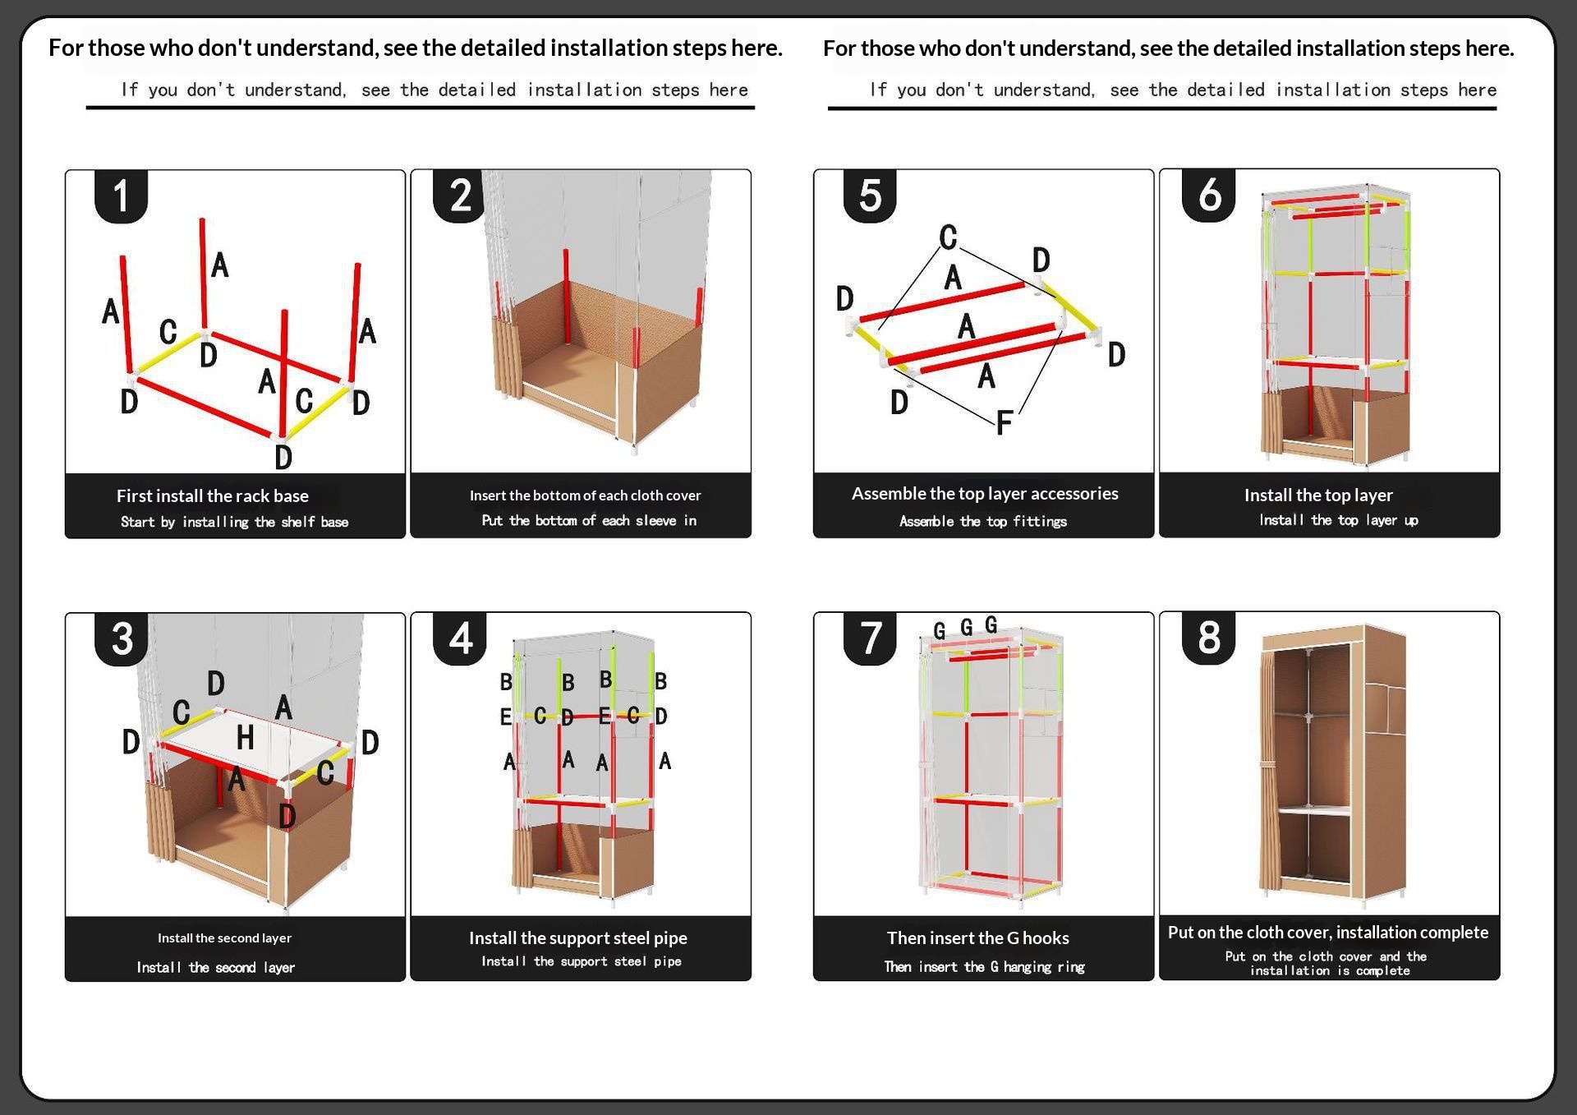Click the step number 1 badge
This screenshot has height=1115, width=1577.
pyautogui.click(x=122, y=196)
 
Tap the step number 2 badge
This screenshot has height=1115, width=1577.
pyautogui.click(x=461, y=196)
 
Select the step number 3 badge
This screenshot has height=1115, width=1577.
pyautogui.click(x=122, y=639)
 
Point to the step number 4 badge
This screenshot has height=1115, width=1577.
pyautogui.click(x=461, y=638)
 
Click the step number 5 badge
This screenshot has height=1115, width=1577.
pyautogui.click(x=870, y=196)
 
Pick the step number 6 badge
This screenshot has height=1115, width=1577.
pyautogui.click(x=1209, y=195)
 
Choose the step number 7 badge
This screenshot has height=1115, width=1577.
pyautogui.click(x=870, y=638)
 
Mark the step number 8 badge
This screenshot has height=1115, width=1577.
pyautogui.click(x=1209, y=638)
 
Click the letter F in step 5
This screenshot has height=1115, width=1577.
pyautogui.click(x=1004, y=424)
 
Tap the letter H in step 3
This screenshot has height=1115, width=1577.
pyautogui.click(x=245, y=738)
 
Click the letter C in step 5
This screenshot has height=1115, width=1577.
pyautogui.click(x=948, y=237)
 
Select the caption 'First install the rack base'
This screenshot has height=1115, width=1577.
pyautogui.click(x=212, y=495)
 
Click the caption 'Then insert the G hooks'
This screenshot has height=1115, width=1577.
pyautogui.click(x=977, y=938)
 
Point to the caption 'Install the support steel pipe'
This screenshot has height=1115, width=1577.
pyautogui.click(x=577, y=938)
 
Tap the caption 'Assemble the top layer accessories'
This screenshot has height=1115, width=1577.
pyautogui.click(x=984, y=493)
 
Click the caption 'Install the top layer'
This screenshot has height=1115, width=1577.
pyautogui.click(x=1317, y=495)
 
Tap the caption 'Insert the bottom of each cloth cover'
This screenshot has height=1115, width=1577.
pyautogui.click(x=585, y=495)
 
